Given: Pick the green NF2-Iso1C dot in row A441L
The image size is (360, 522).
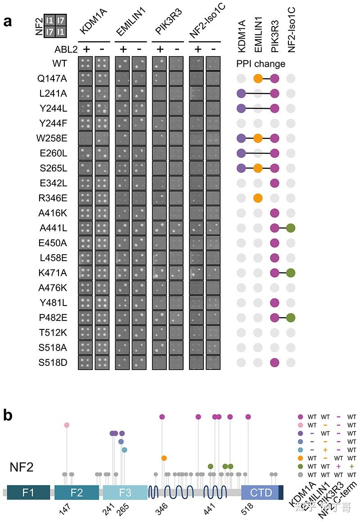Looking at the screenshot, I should click(x=291, y=228).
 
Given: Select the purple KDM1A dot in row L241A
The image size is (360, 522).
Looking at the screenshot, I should click(x=241, y=94).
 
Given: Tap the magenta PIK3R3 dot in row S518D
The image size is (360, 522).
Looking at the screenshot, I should click(x=275, y=362).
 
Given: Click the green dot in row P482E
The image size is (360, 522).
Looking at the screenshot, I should click(x=291, y=317).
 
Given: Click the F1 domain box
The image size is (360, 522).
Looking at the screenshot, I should click(x=28, y=493).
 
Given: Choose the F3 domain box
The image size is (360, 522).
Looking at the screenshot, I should click(x=125, y=493).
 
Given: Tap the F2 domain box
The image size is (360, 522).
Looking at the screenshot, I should click(x=76, y=493).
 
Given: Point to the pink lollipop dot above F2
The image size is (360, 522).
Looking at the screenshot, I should click(x=67, y=425).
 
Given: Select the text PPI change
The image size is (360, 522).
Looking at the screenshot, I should click(x=261, y=64).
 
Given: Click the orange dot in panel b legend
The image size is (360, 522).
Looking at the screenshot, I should click(x=301, y=458).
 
